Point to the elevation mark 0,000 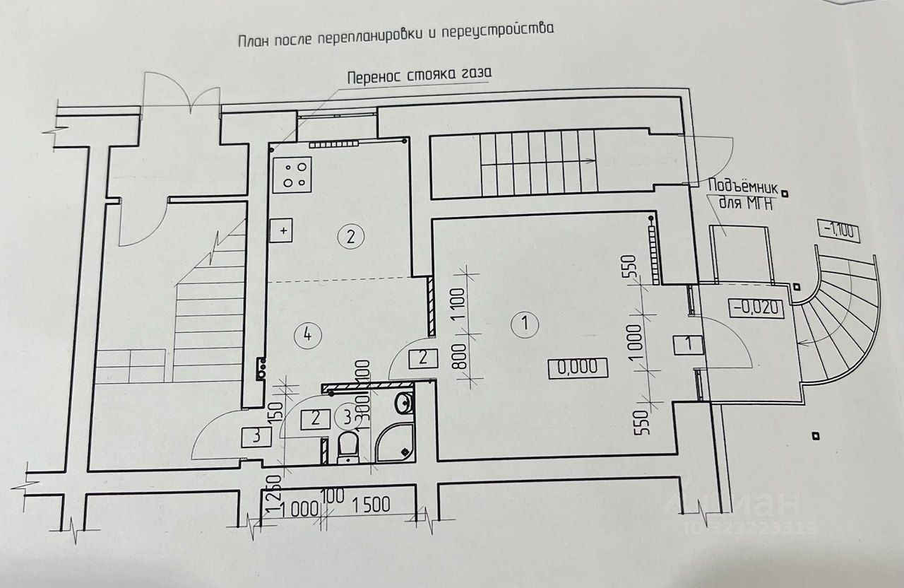tap(577, 367)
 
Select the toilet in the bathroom tap(348, 447)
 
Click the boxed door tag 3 tap(256, 436)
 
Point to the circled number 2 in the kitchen tap(350, 236)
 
